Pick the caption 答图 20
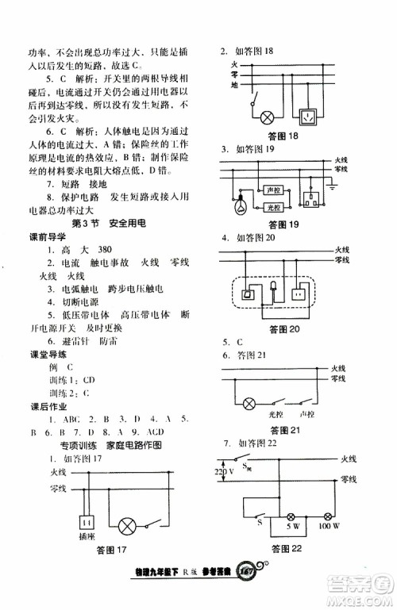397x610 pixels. [283, 328]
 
